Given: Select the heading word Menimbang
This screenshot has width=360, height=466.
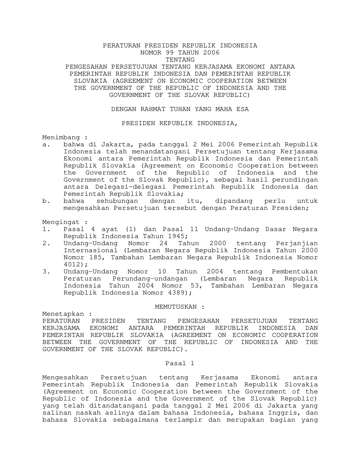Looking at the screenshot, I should pyautogui.click(x=61, y=137).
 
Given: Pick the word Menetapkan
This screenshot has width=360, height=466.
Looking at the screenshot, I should pyautogui.click(x=63, y=314).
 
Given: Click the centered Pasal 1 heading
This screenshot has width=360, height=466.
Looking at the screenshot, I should pyautogui.click(x=180, y=363).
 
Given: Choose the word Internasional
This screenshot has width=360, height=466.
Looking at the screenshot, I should pyautogui.click(x=90, y=250).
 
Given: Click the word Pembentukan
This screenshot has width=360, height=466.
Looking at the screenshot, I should pyautogui.click(x=294, y=271).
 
